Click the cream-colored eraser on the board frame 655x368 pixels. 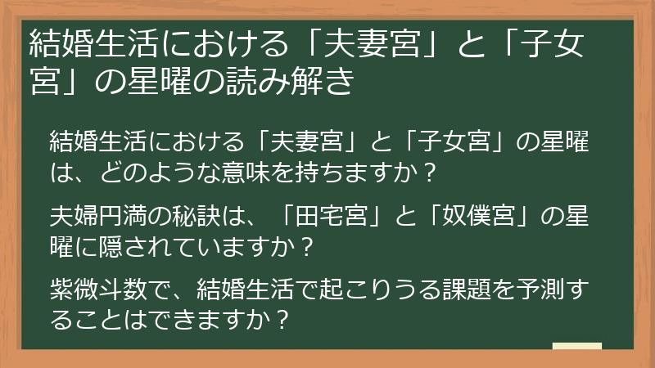[577, 347]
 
